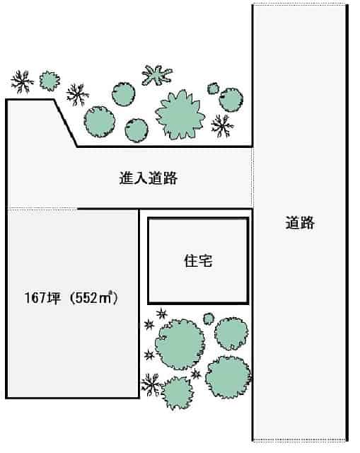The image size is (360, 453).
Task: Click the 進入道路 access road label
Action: coord(149,178)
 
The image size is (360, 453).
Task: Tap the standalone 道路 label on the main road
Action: coord(300,223)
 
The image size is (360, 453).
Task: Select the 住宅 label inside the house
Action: coord(198,260)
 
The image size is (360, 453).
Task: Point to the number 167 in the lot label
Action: coord(35,298)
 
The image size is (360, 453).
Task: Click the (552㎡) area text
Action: coord(94,298)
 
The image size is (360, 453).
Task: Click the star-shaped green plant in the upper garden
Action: coord(157,75)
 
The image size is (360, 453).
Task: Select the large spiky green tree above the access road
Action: coord(180,115)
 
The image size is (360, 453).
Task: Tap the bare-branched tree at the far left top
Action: coord(22,82)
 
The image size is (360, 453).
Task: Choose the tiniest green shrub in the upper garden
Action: coord(213,88)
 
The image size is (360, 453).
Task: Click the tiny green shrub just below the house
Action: coord(209,319)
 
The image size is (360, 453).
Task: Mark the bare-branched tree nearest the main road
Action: coord(222,126)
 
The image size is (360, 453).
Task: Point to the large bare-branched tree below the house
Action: coord(151,385)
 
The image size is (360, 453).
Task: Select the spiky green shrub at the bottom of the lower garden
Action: coord(177,393)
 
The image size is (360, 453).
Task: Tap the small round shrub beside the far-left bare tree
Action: coord(50,81)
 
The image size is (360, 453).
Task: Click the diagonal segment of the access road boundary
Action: coord(65,123)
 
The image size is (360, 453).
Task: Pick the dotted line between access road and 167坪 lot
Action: coord(42,208)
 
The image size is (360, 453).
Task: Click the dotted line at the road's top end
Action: coord(299,4)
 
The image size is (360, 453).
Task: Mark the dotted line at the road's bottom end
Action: coord(299,440)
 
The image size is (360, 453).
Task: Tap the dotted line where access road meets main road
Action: coord(253,178)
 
